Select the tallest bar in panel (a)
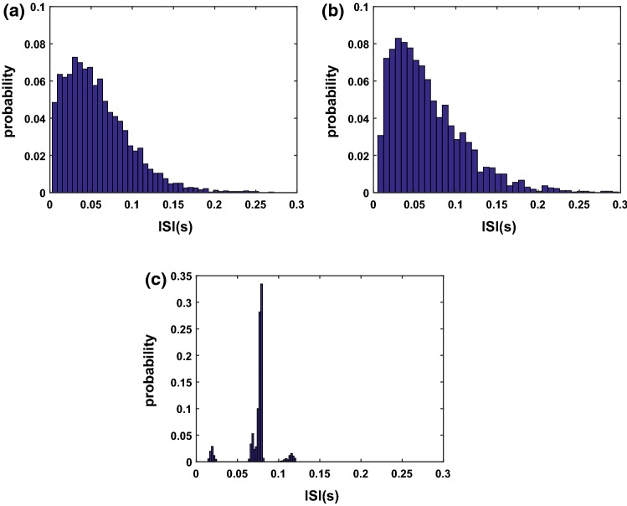coord(75,126)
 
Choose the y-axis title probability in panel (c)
coord(152,369)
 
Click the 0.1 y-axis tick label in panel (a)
coord(33,7)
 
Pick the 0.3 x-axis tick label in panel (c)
coord(443,473)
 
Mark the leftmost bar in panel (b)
coord(380,164)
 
